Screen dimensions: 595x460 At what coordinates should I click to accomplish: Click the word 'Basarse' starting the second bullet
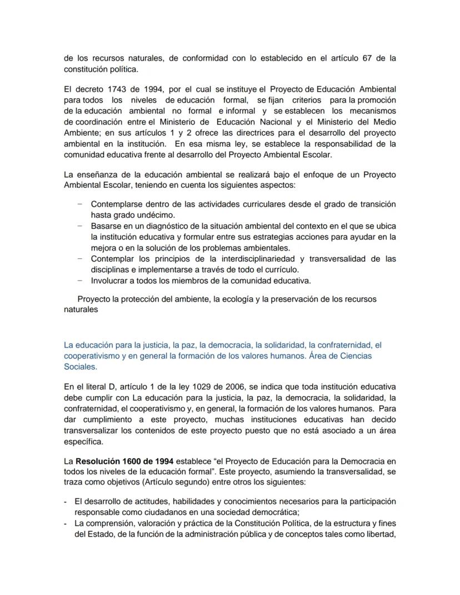[x=105, y=226]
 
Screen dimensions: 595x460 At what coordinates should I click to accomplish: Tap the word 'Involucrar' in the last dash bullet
[x=109, y=281]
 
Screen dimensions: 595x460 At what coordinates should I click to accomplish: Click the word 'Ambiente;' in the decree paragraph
[x=82, y=133]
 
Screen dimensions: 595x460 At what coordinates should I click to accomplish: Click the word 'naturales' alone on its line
[x=81, y=309]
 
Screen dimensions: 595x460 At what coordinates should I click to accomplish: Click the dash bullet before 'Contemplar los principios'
[x=80, y=259]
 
